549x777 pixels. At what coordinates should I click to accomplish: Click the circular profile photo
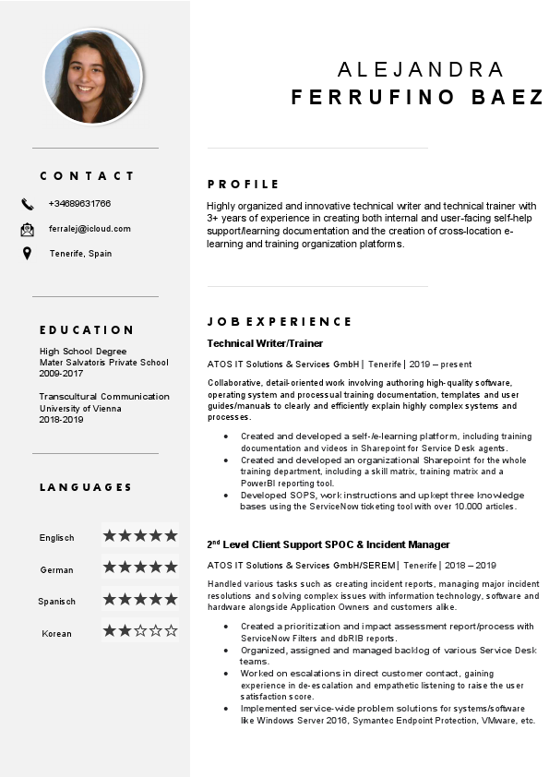click(92, 77)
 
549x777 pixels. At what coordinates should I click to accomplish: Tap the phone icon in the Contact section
click(27, 204)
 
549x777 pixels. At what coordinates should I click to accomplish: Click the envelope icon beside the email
click(27, 229)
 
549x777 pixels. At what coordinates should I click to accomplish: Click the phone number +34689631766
click(79, 204)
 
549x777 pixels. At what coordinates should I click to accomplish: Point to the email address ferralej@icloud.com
click(90, 229)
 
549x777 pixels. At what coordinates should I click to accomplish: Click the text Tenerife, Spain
click(80, 254)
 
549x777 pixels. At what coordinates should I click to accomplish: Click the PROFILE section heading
click(243, 185)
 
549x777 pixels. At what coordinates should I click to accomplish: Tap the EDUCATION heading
click(87, 330)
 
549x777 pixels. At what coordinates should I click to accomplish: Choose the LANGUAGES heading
click(86, 487)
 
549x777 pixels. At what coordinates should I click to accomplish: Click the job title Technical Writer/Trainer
click(265, 343)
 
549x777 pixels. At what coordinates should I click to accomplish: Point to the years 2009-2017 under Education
click(61, 375)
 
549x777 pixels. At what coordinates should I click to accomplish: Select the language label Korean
click(56, 634)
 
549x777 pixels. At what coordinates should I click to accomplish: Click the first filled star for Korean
click(109, 631)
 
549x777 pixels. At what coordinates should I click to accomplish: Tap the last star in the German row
click(170, 567)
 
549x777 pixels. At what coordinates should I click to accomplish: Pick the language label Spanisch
click(56, 602)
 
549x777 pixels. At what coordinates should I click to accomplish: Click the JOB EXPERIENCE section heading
click(279, 322)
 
